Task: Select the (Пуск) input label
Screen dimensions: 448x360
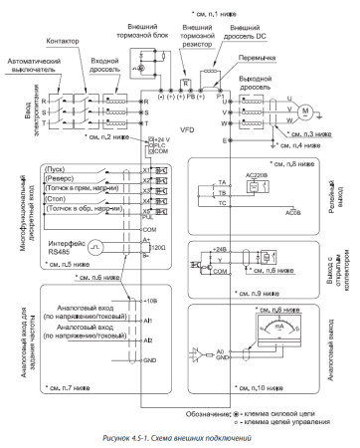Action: pos(59,170)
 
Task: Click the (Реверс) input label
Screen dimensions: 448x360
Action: pos(62,183)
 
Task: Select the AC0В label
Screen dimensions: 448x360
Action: pos(293,212)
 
